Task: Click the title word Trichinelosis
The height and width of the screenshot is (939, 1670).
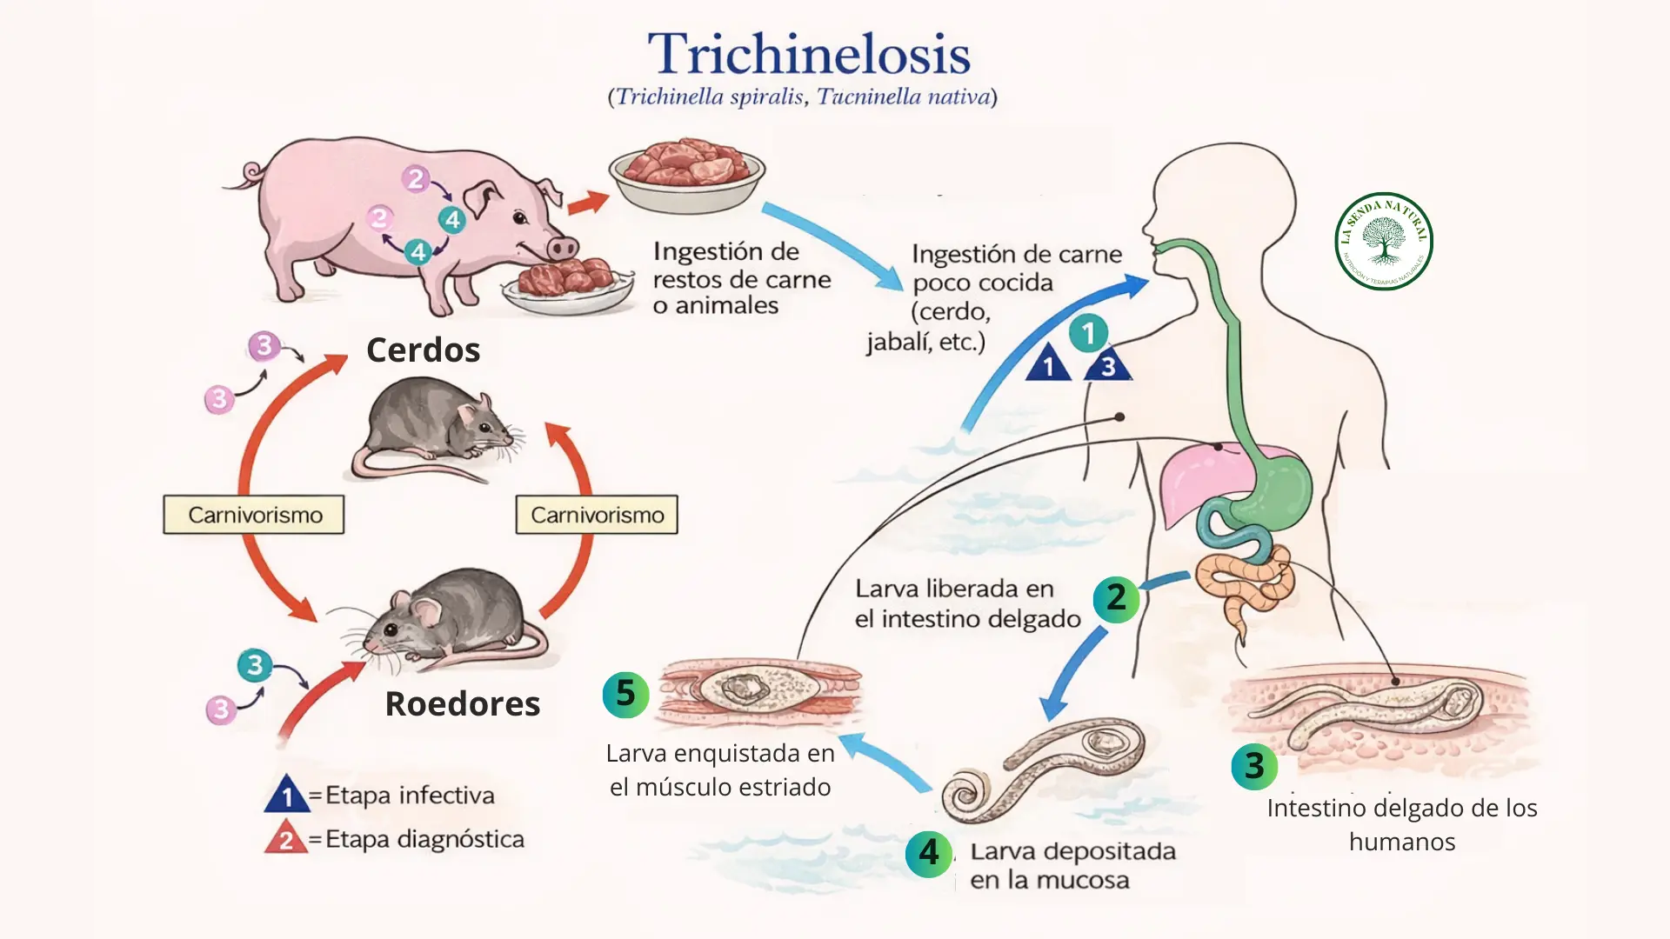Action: [808, 54]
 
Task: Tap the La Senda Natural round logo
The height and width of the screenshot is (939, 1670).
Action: [1383, 241]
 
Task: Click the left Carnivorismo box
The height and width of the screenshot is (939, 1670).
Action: [254, 515]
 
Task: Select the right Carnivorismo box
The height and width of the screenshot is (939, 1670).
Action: [597, 515]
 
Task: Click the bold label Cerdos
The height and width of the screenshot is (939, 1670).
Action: [423, 350]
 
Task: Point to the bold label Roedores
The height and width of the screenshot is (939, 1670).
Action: [462, 703]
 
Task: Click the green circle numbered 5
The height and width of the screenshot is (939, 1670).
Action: [625, 694]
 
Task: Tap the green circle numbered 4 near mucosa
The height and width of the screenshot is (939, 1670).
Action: [928, 853]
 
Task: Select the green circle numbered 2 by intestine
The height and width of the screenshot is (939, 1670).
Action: [1116, 598]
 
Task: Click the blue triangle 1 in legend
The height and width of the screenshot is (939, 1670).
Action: [287, 796]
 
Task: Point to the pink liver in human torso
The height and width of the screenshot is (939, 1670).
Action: [1196, 478]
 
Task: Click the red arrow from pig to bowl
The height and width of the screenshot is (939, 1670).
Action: [587, 204]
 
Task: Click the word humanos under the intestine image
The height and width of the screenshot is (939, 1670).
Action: [1401, 842]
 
